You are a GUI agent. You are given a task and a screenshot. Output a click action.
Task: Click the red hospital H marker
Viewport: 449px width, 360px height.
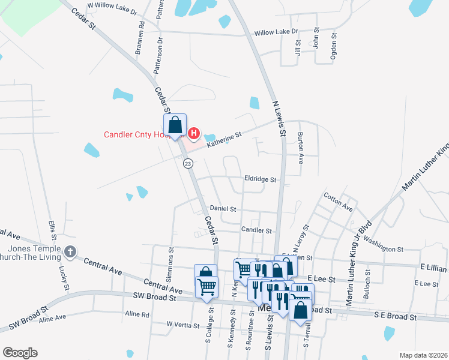coord(194,133)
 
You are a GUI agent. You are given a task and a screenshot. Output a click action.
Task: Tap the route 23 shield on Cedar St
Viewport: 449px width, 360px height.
coord(188,163)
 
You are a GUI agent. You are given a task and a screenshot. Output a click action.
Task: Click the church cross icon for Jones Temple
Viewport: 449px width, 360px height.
coord(70,253)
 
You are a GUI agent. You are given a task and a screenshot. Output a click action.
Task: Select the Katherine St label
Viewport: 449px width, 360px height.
coord(224,140)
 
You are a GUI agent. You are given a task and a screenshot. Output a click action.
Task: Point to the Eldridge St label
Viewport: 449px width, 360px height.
coord(260,179)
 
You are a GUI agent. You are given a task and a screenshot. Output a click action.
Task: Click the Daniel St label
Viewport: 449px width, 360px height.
coord(223,209)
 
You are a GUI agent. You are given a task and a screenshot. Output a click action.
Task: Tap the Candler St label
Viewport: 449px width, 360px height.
coord(256,230)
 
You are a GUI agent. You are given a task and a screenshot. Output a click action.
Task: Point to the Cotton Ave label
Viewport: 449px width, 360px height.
coord(338,202)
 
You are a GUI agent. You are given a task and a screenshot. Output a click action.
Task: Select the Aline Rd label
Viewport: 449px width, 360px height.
coord(137,314)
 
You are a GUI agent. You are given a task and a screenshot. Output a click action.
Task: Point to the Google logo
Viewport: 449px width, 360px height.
coord(20,353)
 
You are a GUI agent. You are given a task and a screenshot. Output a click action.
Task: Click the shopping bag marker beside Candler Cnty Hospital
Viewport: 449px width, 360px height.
coord(175,126)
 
